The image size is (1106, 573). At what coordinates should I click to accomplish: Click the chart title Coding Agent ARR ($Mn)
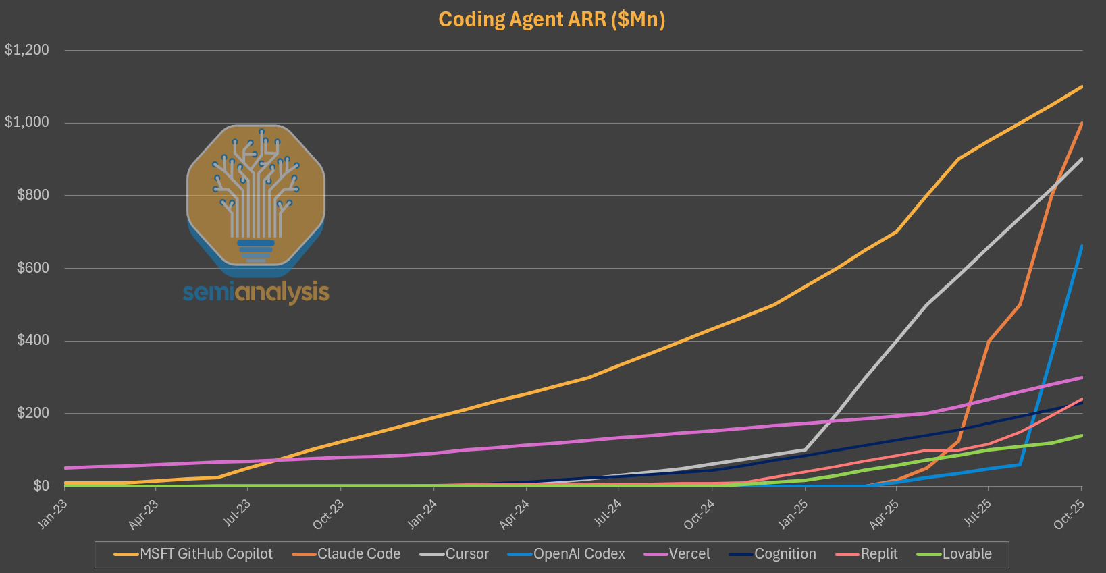[x=552, y=19]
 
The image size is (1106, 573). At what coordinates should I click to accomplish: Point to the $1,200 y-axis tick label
[x=27, y=50]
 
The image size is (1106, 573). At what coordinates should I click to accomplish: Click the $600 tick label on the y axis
[x=32, y=268]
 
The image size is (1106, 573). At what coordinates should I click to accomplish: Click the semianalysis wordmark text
[x=256, y=292]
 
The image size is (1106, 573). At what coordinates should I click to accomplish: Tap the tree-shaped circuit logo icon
[x=255, y=196]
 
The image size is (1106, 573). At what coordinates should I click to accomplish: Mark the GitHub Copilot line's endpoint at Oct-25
[x=1082, y=86]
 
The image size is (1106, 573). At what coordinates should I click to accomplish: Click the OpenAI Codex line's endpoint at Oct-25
[x=1082, y=246]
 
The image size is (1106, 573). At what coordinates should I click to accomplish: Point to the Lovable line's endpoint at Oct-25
[x=1082, y=435]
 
